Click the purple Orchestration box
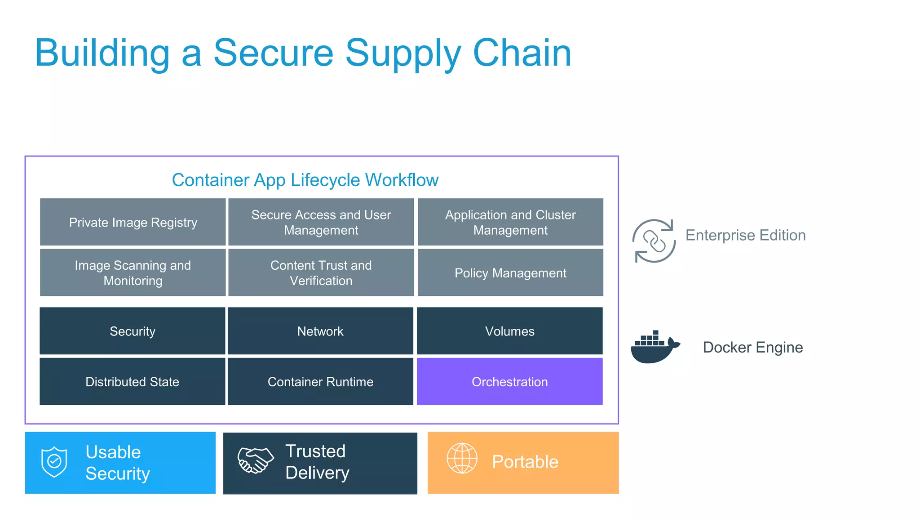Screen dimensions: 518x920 [x=509, y=381]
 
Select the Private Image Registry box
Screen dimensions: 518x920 [x=133, y=222]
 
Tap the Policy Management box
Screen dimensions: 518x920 [x=510, y=272]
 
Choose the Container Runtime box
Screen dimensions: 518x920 [x=320, y=381]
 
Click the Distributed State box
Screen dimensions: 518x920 [x=132, y=381]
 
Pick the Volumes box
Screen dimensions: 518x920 [x=509, y=331]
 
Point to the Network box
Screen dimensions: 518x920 [x=320, y=331]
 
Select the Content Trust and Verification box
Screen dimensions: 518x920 [x=321, y=272]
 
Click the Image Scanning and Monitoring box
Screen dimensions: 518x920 [x=133, y=272]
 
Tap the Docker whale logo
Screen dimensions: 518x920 [x=654, y=348]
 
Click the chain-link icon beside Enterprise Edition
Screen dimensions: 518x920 [x=654, y=241]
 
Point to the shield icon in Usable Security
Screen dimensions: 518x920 [x=54, y=461]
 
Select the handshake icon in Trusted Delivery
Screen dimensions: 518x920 [x=255, y=460]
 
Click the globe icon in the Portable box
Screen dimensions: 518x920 [x=462, y=458]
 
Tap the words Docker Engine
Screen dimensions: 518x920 [x=752, y=347]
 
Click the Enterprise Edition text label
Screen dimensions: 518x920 [x=745, y=235]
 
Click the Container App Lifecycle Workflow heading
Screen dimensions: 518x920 [x=305, y=180]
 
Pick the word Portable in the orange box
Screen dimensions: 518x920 [x=525, y=462]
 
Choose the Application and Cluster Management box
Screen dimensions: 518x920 [x=510, y=222]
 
